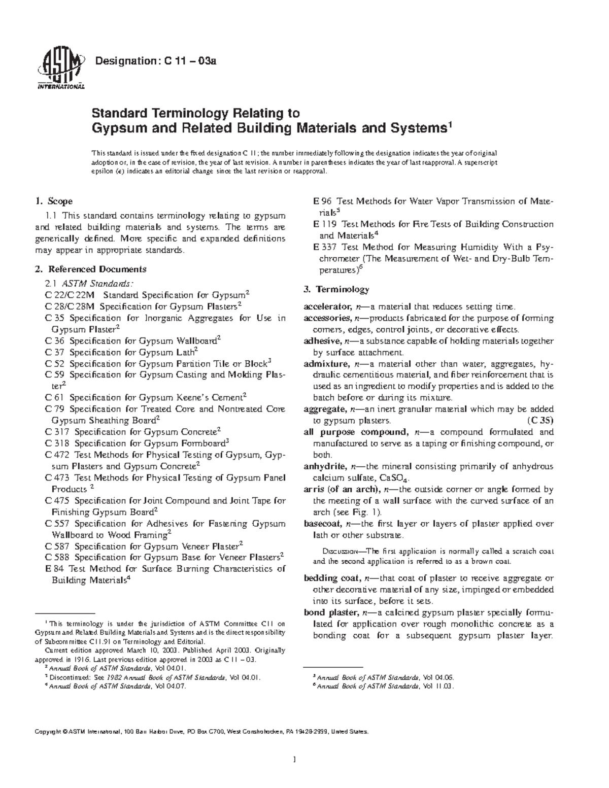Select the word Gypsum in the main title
tap(115, 128)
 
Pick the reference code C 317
tap(56, 432)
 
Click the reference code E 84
tap(54, 569)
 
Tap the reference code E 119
tap(325, 224)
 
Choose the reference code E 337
tap(325, 247)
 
